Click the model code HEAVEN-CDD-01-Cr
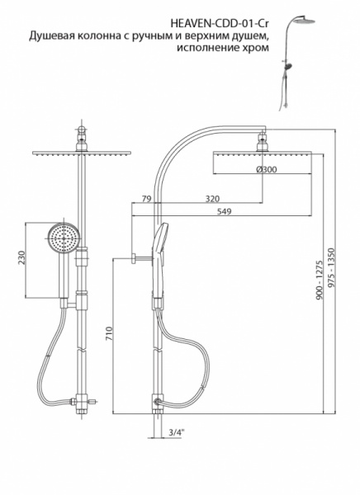coord(220,24)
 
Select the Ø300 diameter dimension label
coord(266,169)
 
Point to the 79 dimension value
coord(145,199)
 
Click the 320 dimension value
coord(212,199)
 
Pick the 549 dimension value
coord(224,211)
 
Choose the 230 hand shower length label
coord(21,257)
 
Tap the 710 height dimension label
coord(110,333)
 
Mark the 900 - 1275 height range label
coord(319,280)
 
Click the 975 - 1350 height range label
coord(331,268)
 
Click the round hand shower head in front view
coord(64,238)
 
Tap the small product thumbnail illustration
coord(296,63)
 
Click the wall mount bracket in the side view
coord(141,258)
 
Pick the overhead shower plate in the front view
coord(82,153)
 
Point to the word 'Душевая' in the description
coord(52,36)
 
